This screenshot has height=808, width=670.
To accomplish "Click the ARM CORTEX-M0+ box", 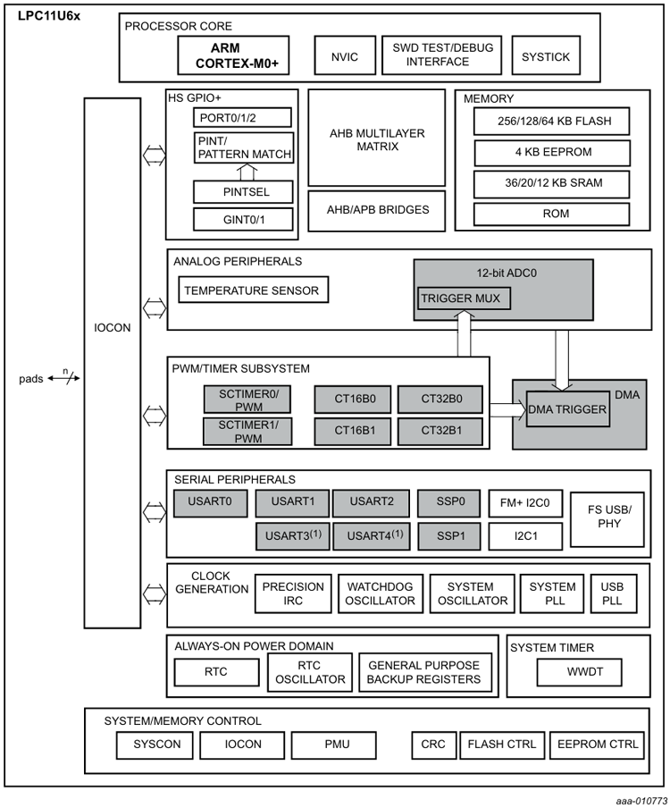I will click(233, 55).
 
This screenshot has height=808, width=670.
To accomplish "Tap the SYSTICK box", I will click(546, 56).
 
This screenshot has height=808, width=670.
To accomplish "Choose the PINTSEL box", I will click(243, 191).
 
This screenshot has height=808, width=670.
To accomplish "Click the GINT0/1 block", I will click(243, 218).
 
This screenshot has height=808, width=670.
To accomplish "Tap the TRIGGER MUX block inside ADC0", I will click(464, 298).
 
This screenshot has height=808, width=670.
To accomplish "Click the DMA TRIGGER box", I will click(567, 409).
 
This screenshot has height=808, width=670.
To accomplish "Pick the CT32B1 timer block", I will click(441, 430).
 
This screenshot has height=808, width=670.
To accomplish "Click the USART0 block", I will click(210, 502).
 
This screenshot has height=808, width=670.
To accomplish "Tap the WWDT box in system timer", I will click(579, 671).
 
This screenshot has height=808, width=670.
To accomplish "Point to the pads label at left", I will click(31, 379).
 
